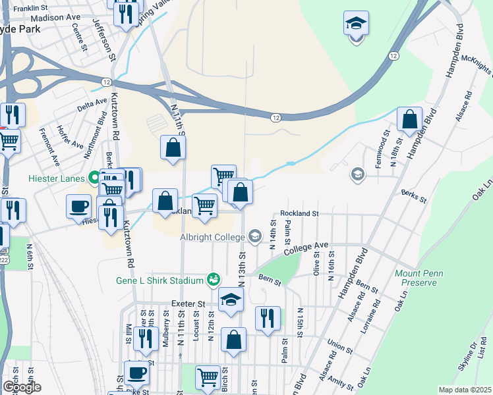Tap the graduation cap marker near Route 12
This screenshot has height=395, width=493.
[356, 25]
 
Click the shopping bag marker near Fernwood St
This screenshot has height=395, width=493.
[410, 120]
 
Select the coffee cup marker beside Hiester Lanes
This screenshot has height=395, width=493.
[78, 206]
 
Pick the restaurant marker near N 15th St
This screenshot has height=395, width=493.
[268, 319]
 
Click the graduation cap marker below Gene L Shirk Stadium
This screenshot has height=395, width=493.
[231, 301]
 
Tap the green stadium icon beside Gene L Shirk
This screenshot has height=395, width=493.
[213, 280]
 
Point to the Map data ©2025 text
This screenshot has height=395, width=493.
[465, 390]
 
